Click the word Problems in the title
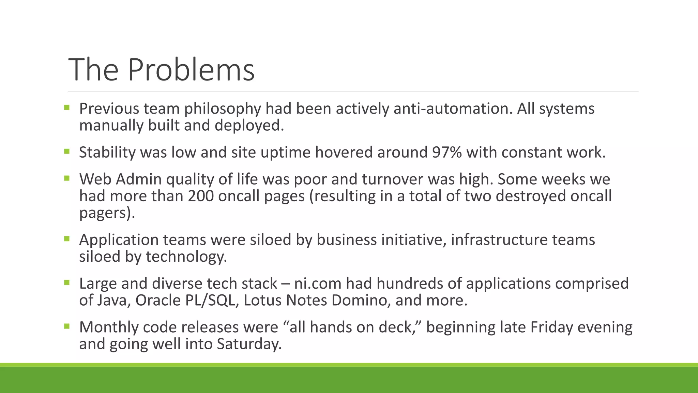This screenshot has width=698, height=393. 191,70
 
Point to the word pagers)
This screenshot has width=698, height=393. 107,213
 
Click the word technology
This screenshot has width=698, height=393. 186,257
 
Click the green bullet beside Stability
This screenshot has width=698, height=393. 66,151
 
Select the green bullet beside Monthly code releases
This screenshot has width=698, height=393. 66,326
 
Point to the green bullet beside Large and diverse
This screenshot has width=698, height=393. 66,282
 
